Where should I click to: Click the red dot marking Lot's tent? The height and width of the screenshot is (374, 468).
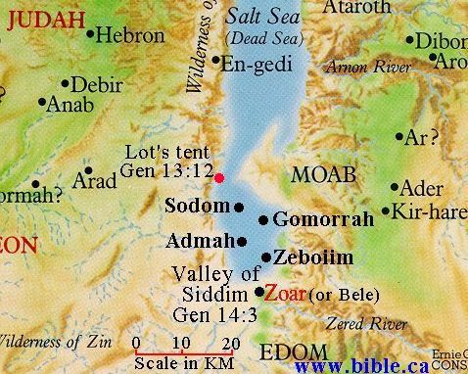coord(219,177)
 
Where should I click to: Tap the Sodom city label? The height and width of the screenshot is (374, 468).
coord(199,207)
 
